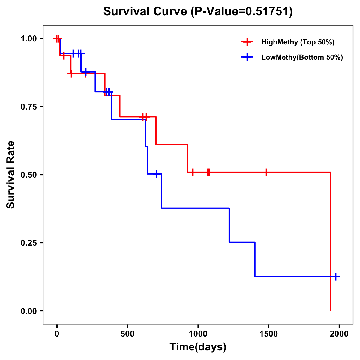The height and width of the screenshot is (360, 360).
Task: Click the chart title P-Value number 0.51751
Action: [x=268, y=12]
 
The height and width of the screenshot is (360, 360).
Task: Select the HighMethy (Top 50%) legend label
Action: [x=298, y=42]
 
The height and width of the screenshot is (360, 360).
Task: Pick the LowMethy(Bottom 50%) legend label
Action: [x=302, y=57]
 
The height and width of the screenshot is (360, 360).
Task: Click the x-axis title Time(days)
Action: [x=198, y=347]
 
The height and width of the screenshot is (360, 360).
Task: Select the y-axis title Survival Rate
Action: [x=11, y=175]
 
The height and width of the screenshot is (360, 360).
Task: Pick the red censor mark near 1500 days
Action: [x=266, y=172]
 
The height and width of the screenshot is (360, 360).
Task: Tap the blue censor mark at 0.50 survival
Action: [x=156, y=174]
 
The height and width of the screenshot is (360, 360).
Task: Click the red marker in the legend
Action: [x=247, y=42]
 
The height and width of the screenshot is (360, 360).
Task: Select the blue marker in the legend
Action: [x=247, y=57]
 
